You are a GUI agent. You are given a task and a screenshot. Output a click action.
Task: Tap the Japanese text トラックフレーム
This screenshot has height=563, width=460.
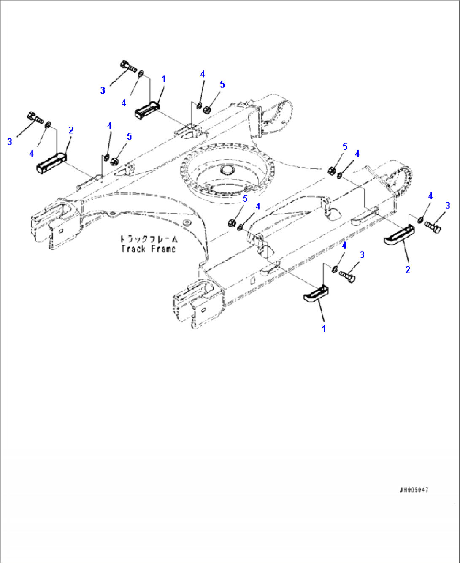click(149, 239)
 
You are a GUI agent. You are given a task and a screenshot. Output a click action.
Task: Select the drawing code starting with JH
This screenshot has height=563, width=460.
click(414, 490)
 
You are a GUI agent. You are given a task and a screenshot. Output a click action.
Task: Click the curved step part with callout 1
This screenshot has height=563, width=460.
click(316, 294)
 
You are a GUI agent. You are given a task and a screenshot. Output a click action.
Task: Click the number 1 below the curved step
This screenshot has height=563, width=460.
click(324, 329)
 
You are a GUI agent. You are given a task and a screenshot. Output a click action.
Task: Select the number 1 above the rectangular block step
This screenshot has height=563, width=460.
click(164, 79)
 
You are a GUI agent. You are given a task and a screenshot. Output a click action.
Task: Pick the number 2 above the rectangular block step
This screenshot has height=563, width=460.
click(71, 130)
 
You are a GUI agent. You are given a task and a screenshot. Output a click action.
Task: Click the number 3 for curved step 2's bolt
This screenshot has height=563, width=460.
click(448, 206)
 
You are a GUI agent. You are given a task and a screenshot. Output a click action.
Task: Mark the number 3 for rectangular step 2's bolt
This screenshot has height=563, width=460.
click(10, 142)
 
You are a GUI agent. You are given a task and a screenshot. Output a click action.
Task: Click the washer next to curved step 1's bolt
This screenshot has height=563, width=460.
click(335, 268)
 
